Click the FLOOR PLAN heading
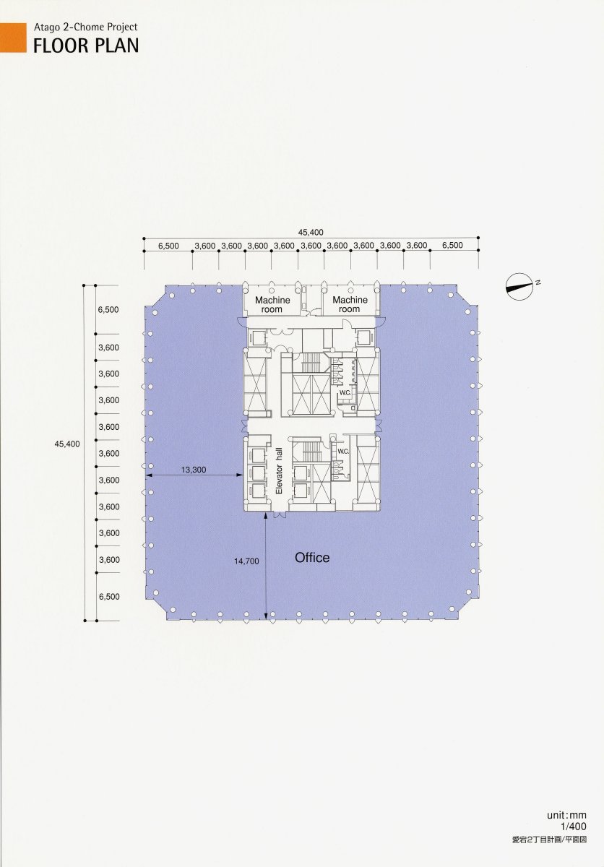86,46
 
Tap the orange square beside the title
13,38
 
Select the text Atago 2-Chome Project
86,27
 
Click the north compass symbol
518,286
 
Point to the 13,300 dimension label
194,470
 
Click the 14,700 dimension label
246,561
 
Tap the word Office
312,558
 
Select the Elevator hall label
279,470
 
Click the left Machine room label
272,305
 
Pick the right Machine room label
350,305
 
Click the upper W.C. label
345,393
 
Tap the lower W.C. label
343,452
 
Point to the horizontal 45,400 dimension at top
311,232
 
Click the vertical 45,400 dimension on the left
67,444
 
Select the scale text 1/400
574,824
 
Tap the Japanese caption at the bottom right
549,837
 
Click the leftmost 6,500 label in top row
169,246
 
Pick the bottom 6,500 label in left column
109,597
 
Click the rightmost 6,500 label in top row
452,245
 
